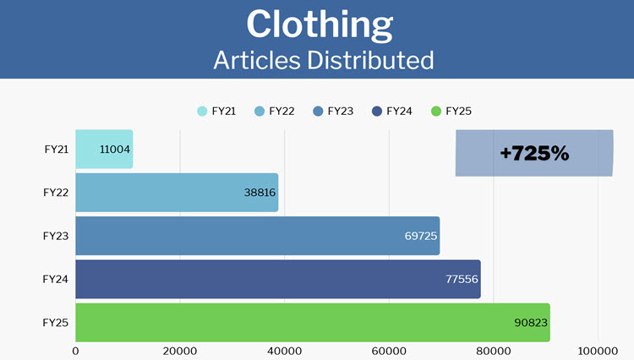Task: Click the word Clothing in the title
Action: pos(320,25)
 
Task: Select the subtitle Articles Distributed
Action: pos(324,60)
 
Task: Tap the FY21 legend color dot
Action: pos(202,111)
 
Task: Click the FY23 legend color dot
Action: pos(318,111)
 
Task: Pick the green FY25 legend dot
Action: pos(436,111)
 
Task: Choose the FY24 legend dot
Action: pos(376,111)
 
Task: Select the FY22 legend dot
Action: pos(260,111)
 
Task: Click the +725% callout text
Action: pos(534,154)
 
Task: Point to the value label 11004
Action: pos(114,150)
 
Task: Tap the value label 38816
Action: pos(259,193)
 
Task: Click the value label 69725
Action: pos(420,236)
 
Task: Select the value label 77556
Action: pos(462,279)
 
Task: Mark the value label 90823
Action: pos(531,322)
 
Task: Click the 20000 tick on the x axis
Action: pos(180,350)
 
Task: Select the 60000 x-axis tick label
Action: pos(389,350)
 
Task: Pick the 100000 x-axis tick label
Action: pos(598,350)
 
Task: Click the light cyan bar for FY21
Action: pos(89,150)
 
